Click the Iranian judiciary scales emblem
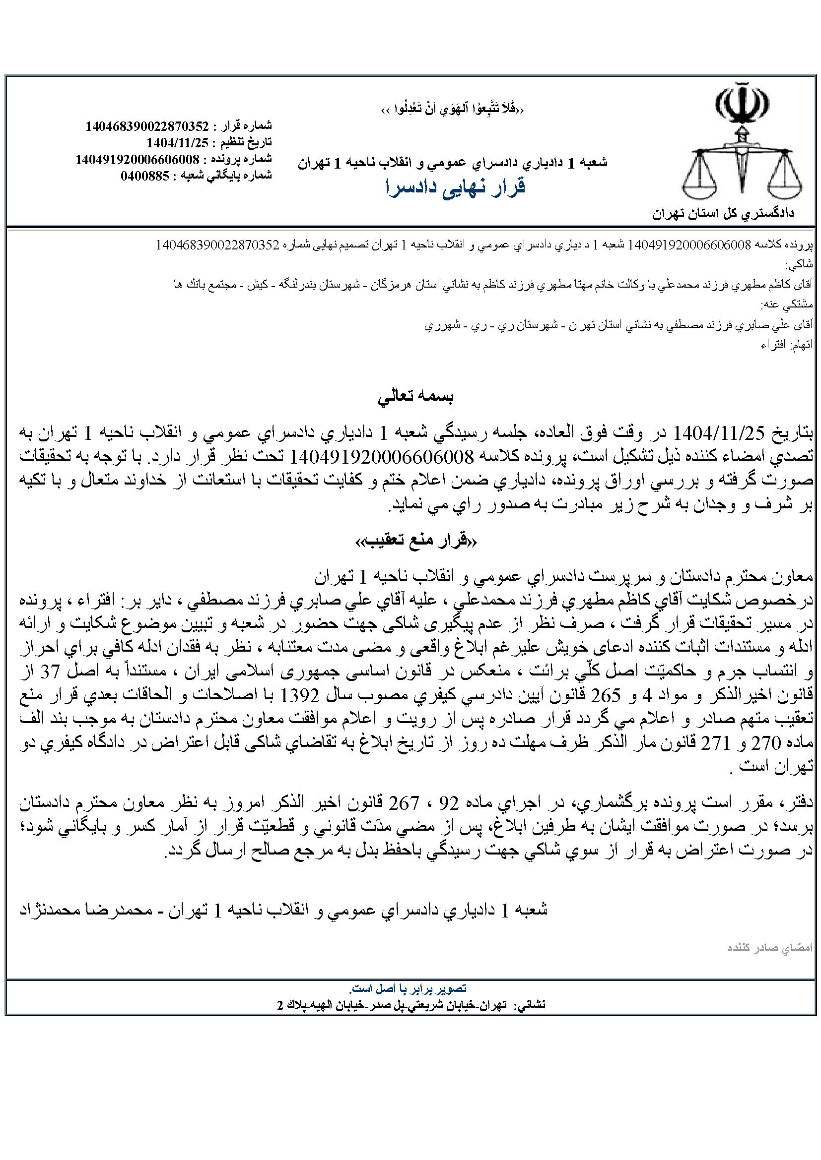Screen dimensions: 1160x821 click(742, 144)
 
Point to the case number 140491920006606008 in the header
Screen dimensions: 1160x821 click(137, 159)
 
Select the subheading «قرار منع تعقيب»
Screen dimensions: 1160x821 click(415, 541)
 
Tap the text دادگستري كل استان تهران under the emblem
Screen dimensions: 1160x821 click(722, 213)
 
